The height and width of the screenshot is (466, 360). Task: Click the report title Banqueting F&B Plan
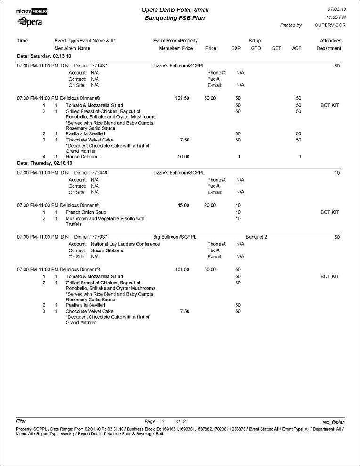click(175, 18)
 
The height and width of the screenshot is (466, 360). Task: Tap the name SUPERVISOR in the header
click(330, 25)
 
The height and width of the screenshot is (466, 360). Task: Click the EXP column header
click(236, 48)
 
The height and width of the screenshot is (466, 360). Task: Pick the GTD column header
click(256, 48)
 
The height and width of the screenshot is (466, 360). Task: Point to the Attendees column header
click(330, 41)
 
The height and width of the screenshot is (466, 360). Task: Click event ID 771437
click(98, 66)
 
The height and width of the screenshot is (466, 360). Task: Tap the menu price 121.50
click(181, 98)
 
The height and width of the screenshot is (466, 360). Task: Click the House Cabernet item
click(83, 157)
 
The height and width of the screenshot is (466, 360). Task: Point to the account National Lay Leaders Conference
click(125, 244)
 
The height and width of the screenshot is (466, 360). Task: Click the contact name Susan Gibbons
click(107, 250)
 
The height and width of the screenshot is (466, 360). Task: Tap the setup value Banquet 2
click(256, 237)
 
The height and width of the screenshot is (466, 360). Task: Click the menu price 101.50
click(181, 269)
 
